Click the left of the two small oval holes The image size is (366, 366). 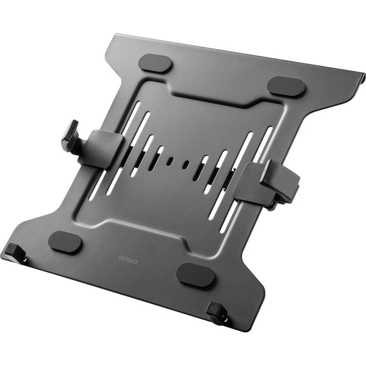(x=170, y=161)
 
